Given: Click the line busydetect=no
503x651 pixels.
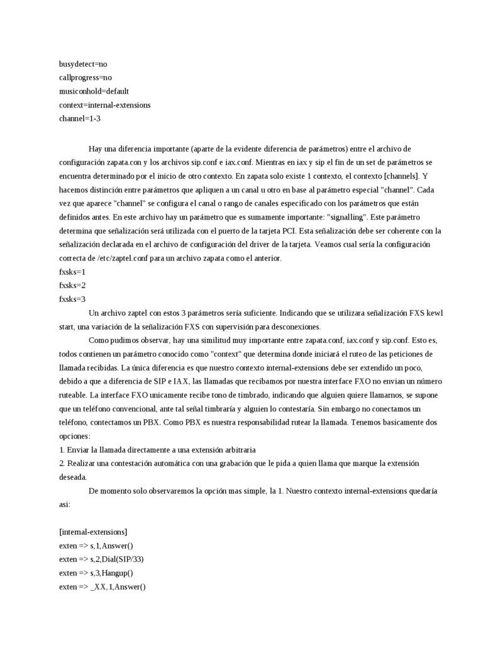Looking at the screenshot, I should [x=87, y=64].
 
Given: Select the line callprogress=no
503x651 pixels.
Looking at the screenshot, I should [x=86, y=77].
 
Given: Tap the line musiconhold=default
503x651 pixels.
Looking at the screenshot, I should [x=94, y=91].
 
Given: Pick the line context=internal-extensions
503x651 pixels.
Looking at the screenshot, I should [x=104, y=104].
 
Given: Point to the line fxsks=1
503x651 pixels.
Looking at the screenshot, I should [x=72, y=271].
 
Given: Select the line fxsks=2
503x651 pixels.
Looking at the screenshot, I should [x=72, y=285].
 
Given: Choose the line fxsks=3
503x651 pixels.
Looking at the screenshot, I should [x=72, y=299].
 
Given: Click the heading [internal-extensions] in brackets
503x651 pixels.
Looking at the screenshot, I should [x=93, y=531].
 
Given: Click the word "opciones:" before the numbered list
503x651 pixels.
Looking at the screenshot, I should [x=75, y=435].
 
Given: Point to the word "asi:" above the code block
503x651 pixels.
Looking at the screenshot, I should [x=65, y=504].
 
